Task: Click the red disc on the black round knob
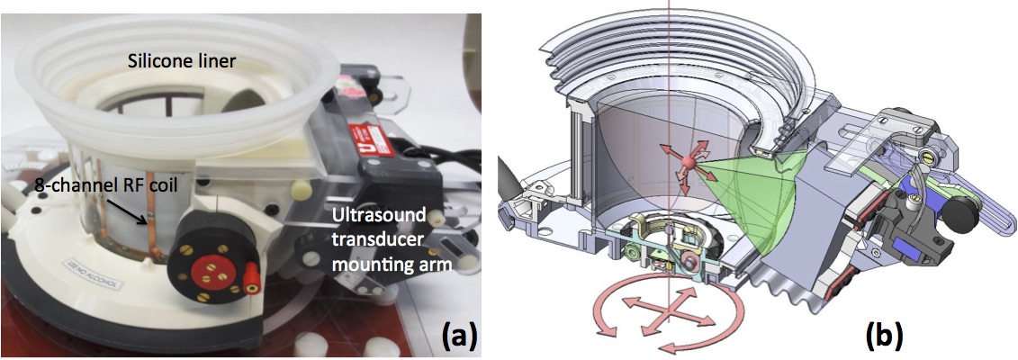pyautogui.click(x=203, y=266)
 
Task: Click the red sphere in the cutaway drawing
pyautogui.click(x=686, y=164)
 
